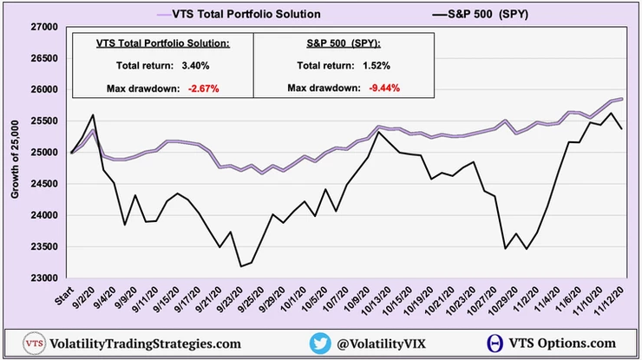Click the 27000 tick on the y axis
coord(43,28)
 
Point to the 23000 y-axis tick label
coord(43,278)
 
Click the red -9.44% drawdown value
coord(380,88)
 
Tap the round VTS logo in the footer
coord(36,344)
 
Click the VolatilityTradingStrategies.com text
coord(146,344)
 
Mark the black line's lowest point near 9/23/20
coord(239,266)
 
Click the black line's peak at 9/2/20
coord(92,115)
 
